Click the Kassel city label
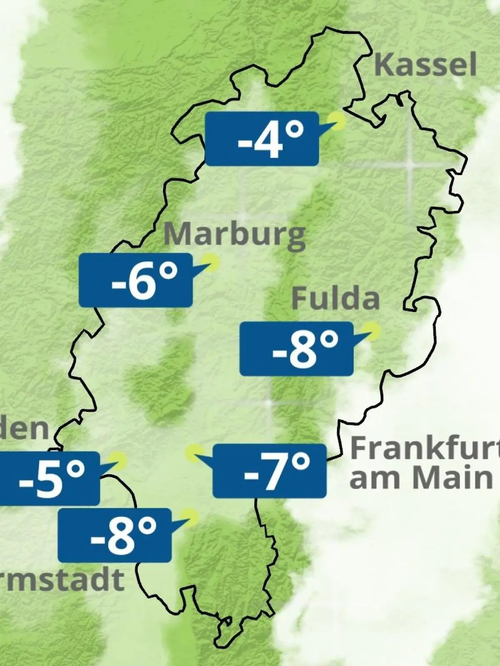[425, 65]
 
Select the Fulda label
[335, 299]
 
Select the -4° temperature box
[262, 139]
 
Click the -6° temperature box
[136, 280]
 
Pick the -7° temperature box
[270, 471]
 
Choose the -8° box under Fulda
[297, 349]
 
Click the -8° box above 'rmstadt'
[115, 535]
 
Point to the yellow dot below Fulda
[371, 331]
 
